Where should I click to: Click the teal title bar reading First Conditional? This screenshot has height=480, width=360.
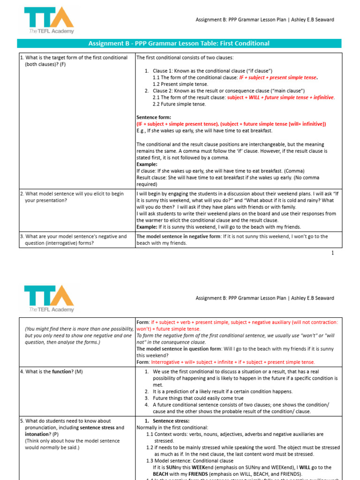click(x=179, y=44)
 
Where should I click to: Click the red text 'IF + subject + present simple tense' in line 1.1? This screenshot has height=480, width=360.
click(x=278, y=77)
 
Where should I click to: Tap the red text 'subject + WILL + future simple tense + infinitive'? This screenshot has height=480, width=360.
click(x=280, y=97)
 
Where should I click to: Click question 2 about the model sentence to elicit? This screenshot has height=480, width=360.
click(x=73, y=197)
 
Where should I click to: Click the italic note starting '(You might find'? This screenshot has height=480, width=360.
click(x=78, y=335)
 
